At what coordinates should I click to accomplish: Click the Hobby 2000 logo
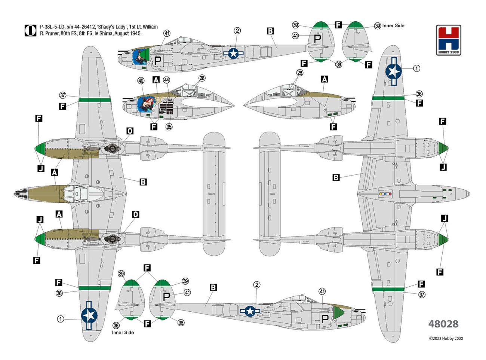coord(448,40)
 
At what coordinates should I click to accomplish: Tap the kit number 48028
coord(443,324)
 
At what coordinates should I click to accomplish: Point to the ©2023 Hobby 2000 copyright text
coord(446,339)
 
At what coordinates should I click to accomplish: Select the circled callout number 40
coord(141,81)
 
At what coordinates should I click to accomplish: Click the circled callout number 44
coord(166,80)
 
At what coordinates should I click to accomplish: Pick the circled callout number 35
coord(169,127)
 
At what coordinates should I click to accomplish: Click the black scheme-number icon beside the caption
coord(30,30)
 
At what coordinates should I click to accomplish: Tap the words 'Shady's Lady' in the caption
coord(112,27)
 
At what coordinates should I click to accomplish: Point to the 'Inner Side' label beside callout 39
coord(393,25)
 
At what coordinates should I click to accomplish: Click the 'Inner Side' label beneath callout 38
coord(123,332)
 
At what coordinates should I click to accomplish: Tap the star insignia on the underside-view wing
coord(393,71)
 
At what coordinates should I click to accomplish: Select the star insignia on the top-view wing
coord(89,315)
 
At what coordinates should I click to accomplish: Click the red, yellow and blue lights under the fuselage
coord(385,194)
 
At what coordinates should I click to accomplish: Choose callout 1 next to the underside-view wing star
coord(416,68)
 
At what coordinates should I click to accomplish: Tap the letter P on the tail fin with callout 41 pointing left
coord(317,38)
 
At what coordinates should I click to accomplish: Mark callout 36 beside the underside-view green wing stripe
coord(419,94)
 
